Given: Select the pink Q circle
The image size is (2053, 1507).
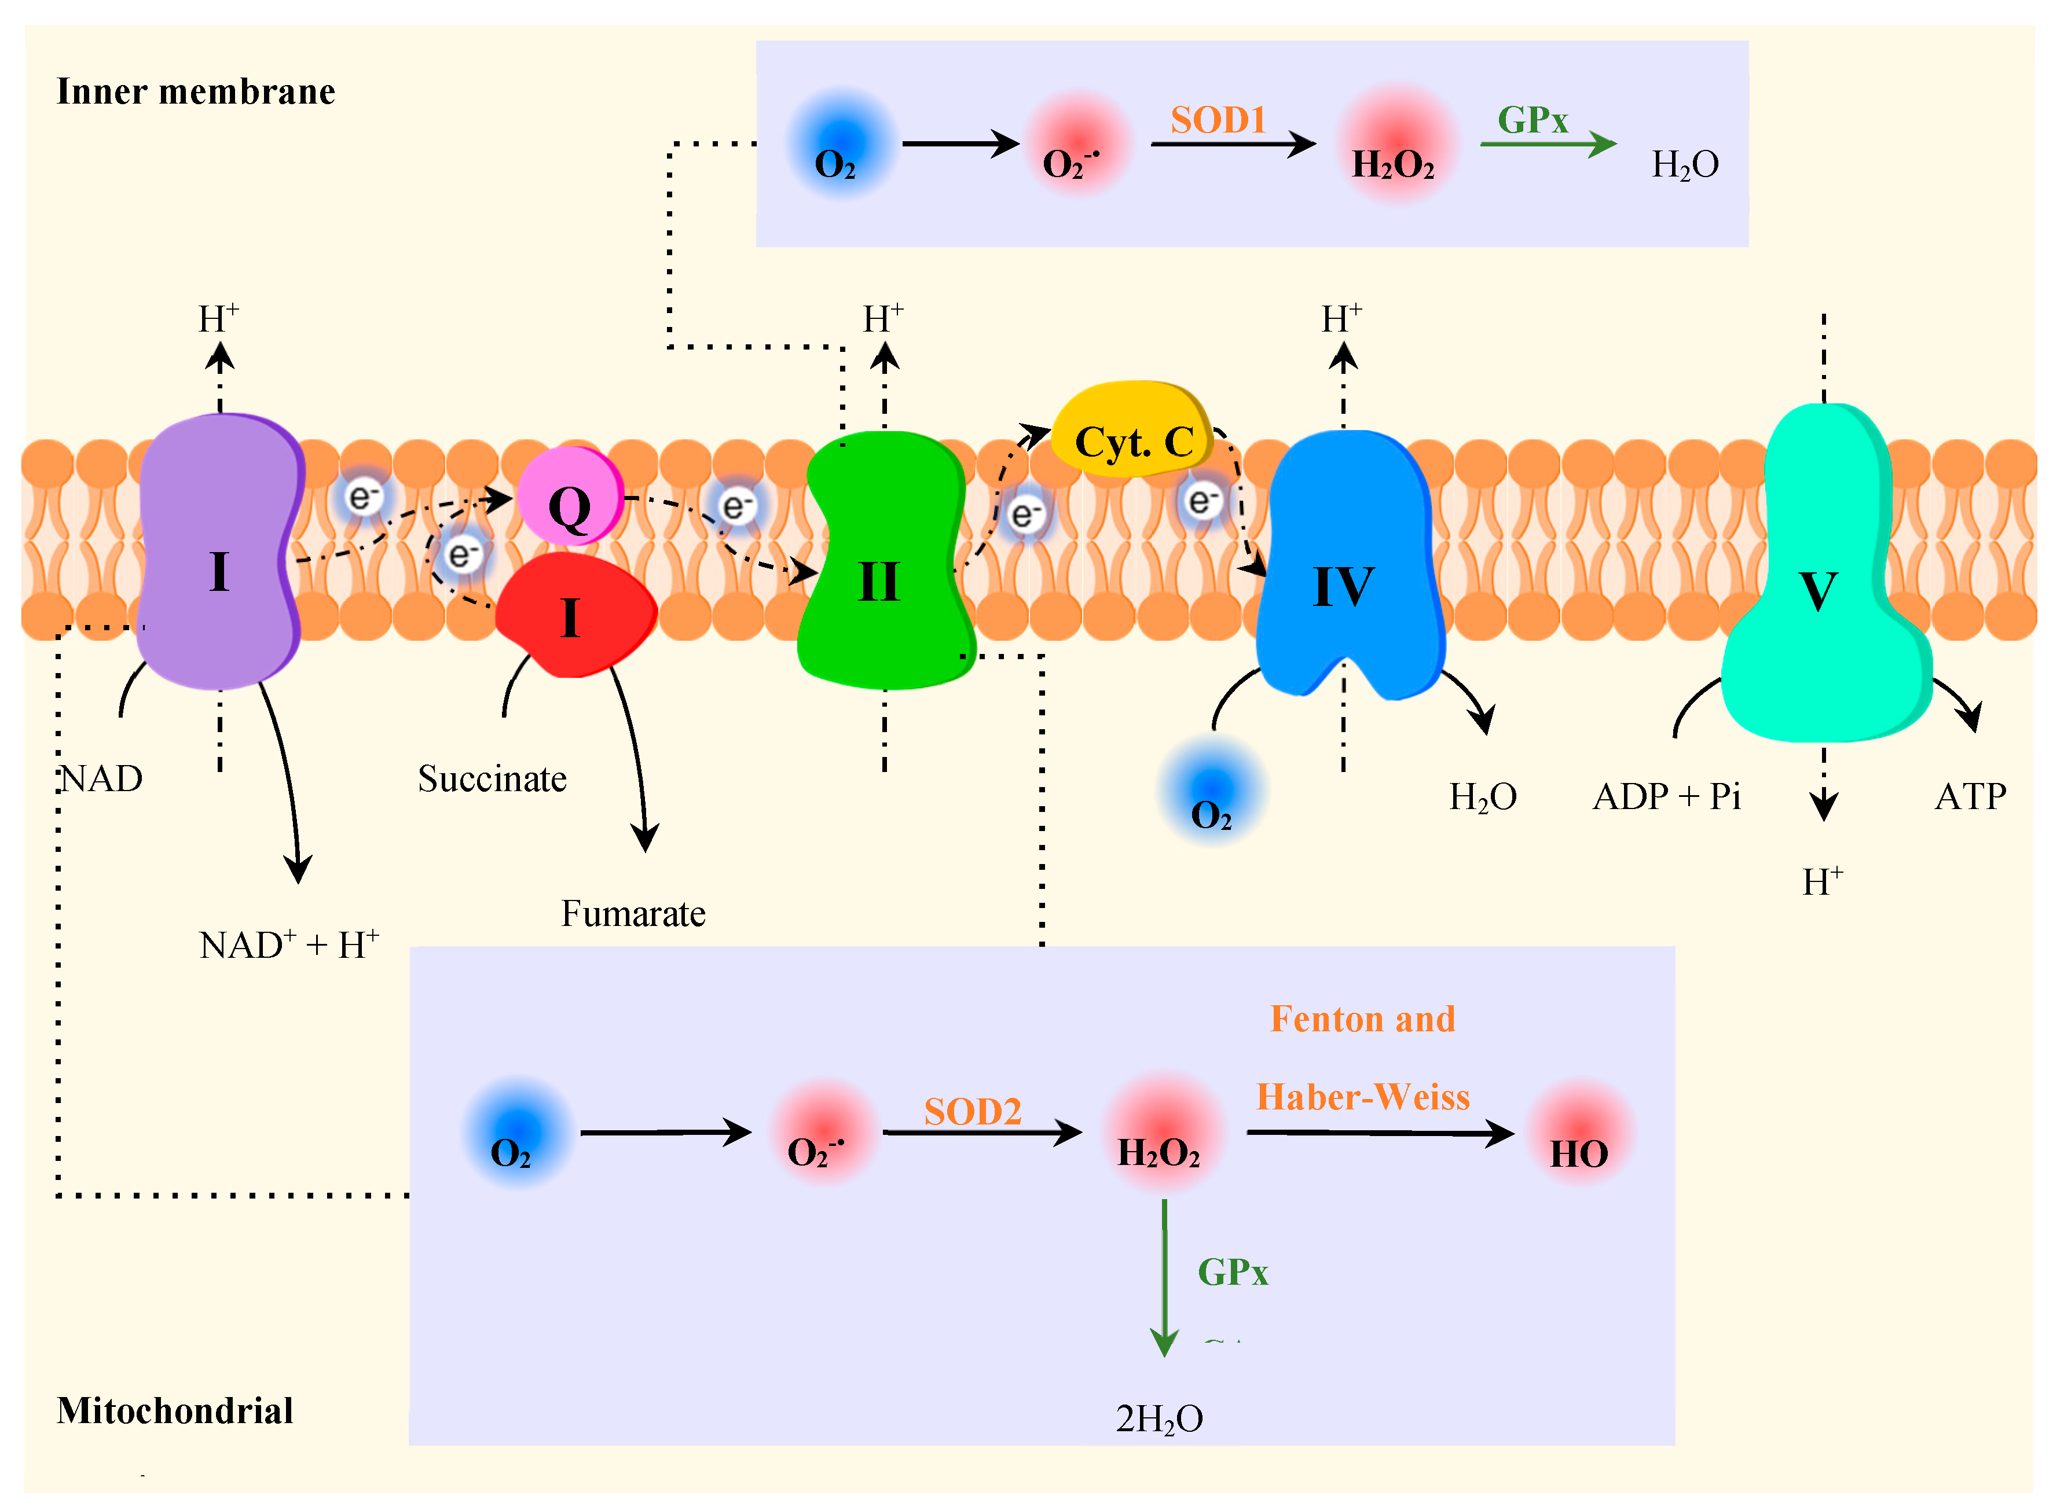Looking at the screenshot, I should pyautogui.click(x=569, y=497).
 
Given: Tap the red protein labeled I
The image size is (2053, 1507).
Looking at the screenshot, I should pyautogui.click(x=575, y=616).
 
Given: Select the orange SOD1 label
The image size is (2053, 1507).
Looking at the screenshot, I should pyautogui.click(x=1218, y=119).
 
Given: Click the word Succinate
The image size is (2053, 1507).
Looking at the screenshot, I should pyautogui.click(x=492, y=779).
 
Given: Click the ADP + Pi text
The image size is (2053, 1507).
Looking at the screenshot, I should pyautogui.click(x=1666, y=796).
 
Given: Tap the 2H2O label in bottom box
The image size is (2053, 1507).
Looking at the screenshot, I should pyautogui.click(x=1159, y=1418).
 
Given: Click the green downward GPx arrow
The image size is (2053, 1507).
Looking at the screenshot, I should pyautogui.click(x=1164, y=1277).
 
